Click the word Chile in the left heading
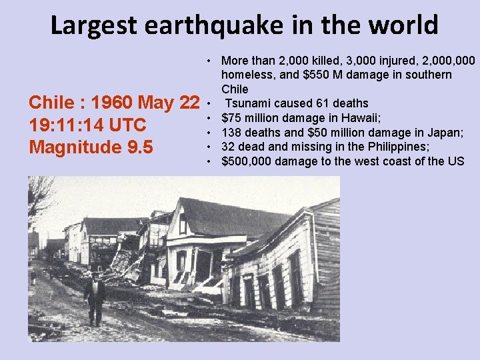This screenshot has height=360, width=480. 50,103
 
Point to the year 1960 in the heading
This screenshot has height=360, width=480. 114,103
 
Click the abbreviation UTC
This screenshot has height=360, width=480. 127,125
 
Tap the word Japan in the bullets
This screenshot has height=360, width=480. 446,132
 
